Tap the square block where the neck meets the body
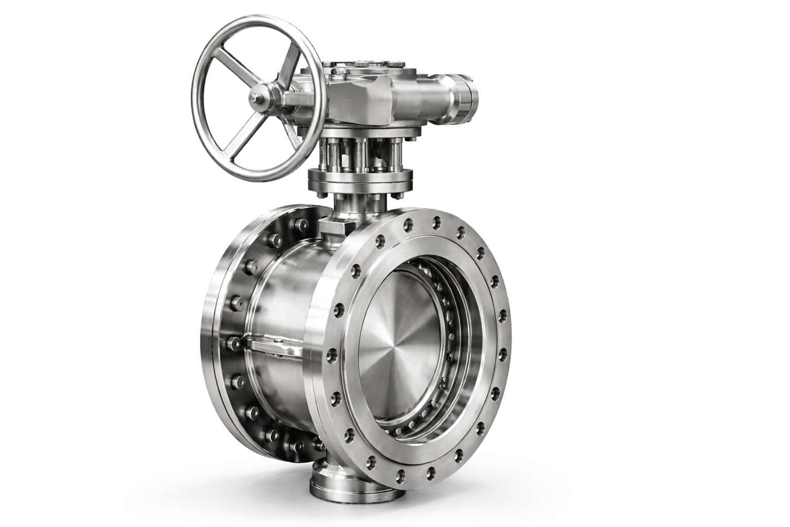(332, 226)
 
